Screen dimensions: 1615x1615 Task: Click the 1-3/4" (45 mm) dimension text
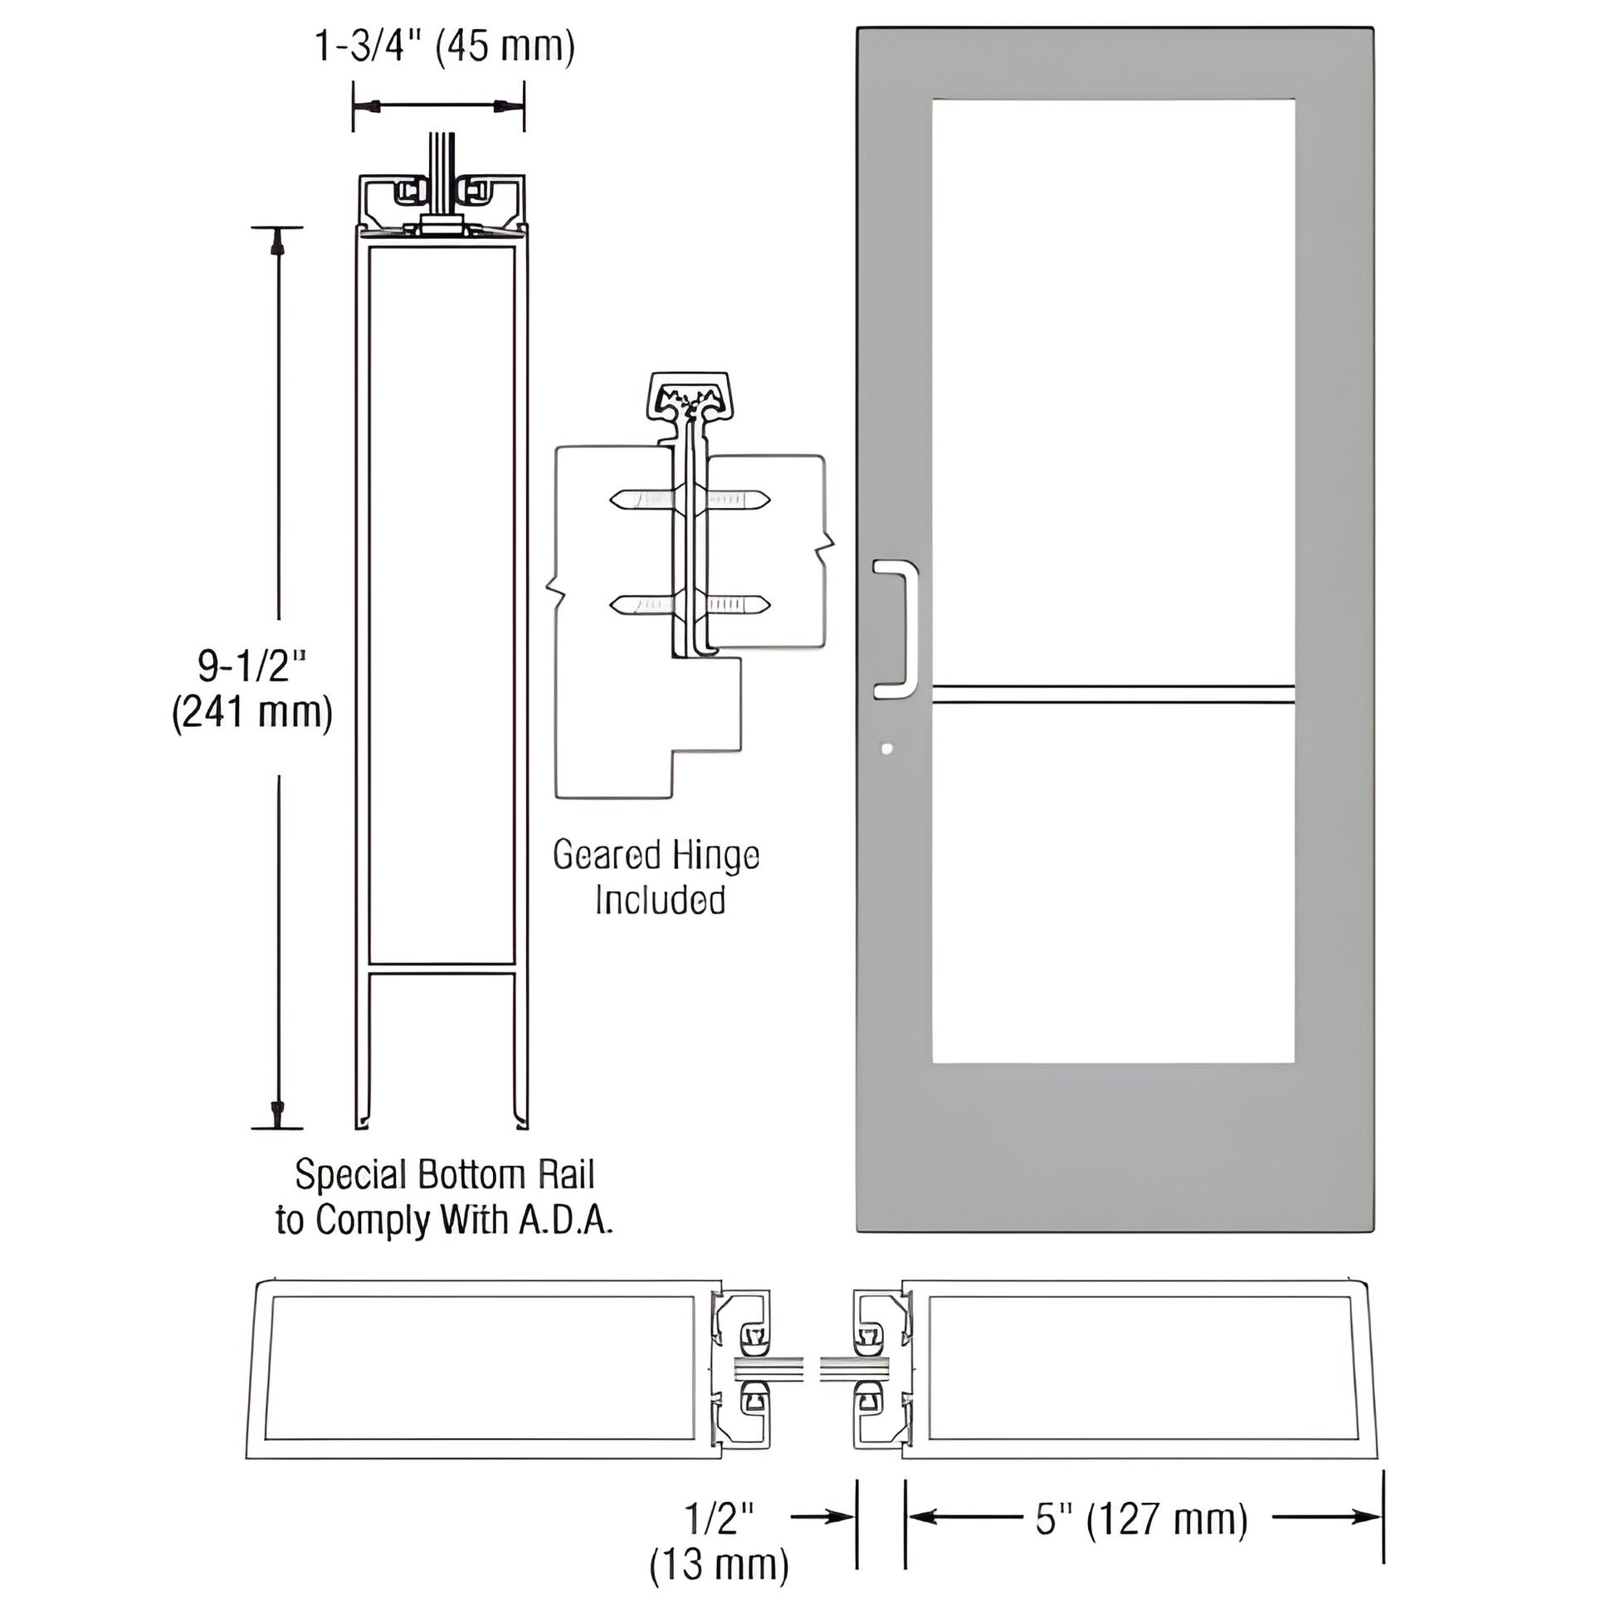(x=444, y=46)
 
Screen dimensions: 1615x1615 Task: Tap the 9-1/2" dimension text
(x=251, y=666)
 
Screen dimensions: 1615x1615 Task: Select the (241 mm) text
(x=251, y=713)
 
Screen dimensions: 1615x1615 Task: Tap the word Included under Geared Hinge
(x=660, y=900)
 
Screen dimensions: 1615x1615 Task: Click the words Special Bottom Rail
(x=444, y=1174)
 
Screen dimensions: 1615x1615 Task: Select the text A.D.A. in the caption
(x=566, y=1221)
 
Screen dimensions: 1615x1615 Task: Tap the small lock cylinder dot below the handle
(x=887, y=748)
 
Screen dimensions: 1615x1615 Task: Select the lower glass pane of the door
(x=1114, y=882)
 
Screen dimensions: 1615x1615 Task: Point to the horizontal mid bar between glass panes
(x=1114, y=695)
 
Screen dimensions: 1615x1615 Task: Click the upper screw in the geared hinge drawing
(x=690, y=500)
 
